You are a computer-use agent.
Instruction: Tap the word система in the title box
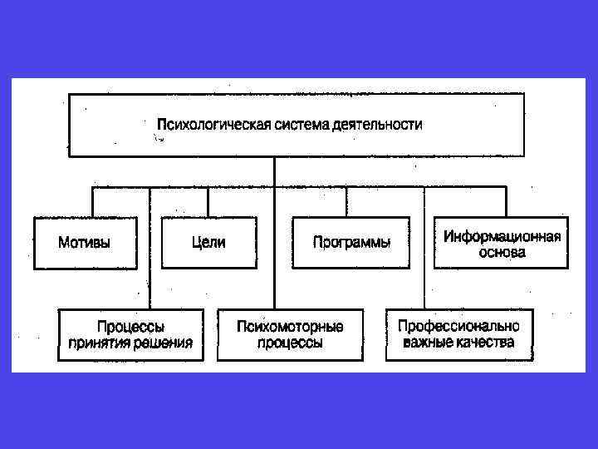pos(297,125)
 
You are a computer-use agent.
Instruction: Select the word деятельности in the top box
pos(378,125)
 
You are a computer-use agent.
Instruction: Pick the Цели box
pos(208,243)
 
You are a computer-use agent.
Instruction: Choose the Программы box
pos(351,243)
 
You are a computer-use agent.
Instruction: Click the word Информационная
pos(502,236)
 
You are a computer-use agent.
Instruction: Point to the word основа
pos(502,252)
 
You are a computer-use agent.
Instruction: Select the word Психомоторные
pos(290,327)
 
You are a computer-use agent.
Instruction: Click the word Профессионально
pos(458,326)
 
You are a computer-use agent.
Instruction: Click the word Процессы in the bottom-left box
pos(130,327)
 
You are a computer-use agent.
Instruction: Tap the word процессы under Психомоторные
pos(290,343)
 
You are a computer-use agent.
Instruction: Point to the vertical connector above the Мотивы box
pos(92,202)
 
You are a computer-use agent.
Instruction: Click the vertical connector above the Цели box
pos(208,202)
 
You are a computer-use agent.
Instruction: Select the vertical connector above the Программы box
pos(347,202)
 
